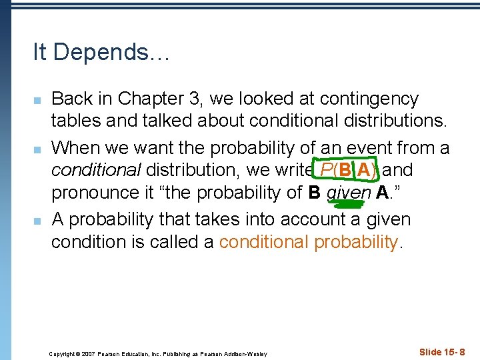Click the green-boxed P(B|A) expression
click(345, 170)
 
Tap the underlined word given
click(352, 193)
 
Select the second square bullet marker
click(38, 148)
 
